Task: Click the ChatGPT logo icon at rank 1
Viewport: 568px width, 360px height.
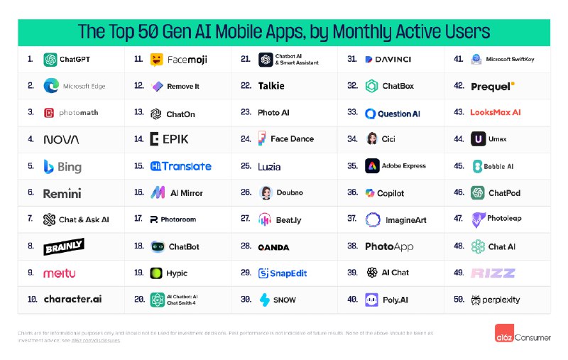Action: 50,60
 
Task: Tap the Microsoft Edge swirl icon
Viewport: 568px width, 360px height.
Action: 51,86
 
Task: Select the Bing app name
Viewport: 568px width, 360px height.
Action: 70,168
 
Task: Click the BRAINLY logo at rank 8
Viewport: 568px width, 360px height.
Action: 64,246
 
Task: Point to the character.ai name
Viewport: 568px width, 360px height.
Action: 72,299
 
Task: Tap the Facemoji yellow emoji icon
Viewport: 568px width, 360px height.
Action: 157,60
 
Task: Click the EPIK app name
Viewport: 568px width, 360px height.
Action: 175,139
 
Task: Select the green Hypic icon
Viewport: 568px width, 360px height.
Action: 157,273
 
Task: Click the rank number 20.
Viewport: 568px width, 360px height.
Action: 138,299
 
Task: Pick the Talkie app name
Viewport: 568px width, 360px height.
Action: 271,86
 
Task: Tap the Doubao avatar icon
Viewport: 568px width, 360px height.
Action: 266,193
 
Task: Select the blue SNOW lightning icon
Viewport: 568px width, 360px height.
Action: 265,300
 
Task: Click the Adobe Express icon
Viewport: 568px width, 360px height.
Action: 371,166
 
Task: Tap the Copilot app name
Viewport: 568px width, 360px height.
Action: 390,193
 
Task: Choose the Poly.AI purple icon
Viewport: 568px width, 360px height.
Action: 371,300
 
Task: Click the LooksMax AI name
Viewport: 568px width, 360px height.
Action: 496,112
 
